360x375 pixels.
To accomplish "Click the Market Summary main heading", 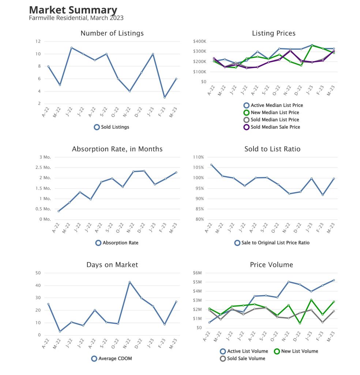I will tap(73, 10).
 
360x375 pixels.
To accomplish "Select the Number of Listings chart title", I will tap(112, 33).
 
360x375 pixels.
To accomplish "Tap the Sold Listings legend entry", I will tap(111, 127).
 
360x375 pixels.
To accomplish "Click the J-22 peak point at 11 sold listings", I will tap(71, 48).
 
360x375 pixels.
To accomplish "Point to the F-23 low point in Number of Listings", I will tap(165, 97).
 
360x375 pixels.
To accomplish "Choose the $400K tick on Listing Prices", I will tap(200, 41).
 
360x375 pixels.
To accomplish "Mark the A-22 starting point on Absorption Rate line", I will tap(59, 211).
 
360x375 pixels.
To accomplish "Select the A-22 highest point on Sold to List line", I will tap(211, 165).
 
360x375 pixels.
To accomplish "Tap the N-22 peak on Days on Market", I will tap(130, 282).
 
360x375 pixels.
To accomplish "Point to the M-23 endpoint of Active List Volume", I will tap(334, 280).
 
